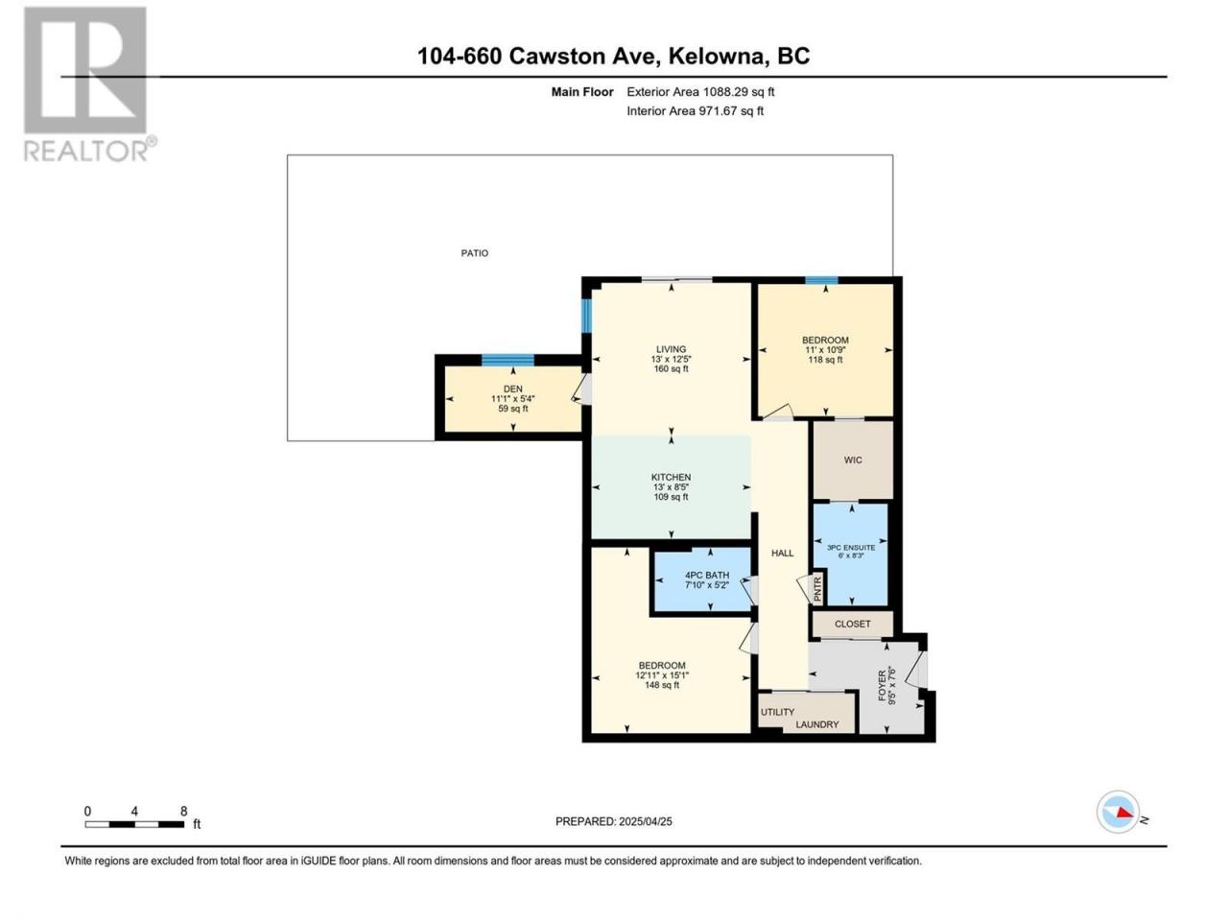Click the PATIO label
click(x=474, y=252)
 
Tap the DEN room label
click(x=512, y=389)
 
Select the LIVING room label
click(x=671, y=349)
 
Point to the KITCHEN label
click(x=671, y=477)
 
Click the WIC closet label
click(x=853, y=460)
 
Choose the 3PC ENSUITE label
click(x=850, y=548)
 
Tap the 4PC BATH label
click(x=707, y=575)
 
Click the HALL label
click(x=782, y=553)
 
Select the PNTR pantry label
click(x=817, y=589)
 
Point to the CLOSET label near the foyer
click(x=852, y=624)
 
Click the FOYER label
click(x=883, y=686)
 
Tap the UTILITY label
click(x=777, y=712)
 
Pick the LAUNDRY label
click(x=816, y=724)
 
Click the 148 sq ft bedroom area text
click(x=662, y=685)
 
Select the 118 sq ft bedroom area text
click(x=825, y=360)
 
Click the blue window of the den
click(x=508, y=360)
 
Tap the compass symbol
click(x=1119, y=812)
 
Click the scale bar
click(x=134, y=824)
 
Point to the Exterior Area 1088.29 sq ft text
click(x=700, y=92)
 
